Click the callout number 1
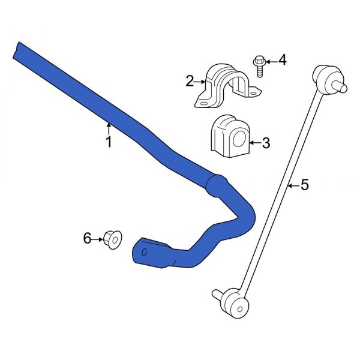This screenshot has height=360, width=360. pyautogui.click(x=109, y=142)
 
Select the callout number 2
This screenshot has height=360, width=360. pyautogui.click(x=190, y=81)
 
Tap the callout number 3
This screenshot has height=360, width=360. pyautogui.click(x=266, y=143)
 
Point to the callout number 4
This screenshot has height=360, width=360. pyautogui.click(x=282, y=60)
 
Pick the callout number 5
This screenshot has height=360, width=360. pyautogui.click(x=304, y=185)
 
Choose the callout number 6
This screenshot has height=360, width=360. pyautogui.click(x=88, y=239)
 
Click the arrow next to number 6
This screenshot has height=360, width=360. pyautogui.click(x=98, y=239)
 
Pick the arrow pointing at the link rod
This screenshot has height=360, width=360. pyautogui.click(x=292, y=185)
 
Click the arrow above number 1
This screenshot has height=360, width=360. pyautogui.click(x=109, y=128)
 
